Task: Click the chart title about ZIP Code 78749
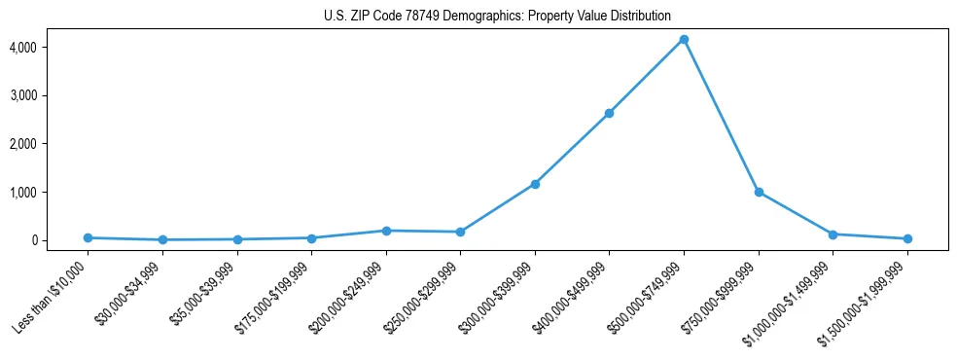click(497, 16)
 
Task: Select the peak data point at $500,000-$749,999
click(684, 39)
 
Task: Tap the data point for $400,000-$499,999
click(609, 113)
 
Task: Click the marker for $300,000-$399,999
click(535, 184)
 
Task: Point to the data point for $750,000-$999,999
click(759, 192)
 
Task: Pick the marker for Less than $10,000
click(88, 237)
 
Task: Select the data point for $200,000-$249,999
click(386, 231)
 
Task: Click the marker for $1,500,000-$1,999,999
click(907, 238)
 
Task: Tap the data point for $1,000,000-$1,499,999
click(833, 234)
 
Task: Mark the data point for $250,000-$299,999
click(460, 232)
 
